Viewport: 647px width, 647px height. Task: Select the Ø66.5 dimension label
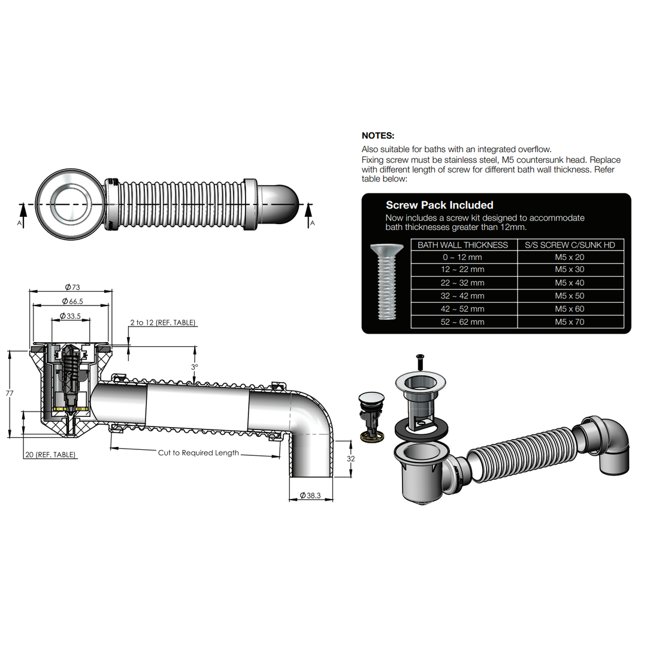pyautogui.click(x=71, y=301)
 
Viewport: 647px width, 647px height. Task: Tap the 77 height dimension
pyautogui.click(x=9, y=394)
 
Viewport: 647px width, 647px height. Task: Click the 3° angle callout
pyautogui.click(x=194, y=367)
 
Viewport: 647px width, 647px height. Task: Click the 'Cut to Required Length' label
pyautogui.click(x=198, y=453)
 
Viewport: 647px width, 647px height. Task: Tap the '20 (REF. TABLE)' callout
pyautogui.click(x=50, y=455)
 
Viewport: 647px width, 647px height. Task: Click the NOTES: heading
pyautogui.click(x=378, y=136)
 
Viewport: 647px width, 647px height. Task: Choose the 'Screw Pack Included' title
pyautogui.click(x=439, y=205)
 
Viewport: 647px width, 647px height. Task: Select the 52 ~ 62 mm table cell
pyautogui.click(x=463, y=322)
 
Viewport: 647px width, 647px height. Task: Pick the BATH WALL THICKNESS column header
pyautogui.click(x=462, y=245)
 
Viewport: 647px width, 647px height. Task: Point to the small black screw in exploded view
pyautogui.click(x=419, y=361)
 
